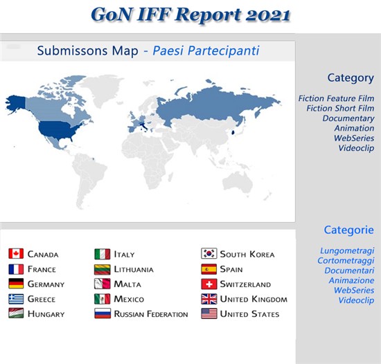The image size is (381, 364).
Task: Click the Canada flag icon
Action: click(16, 253)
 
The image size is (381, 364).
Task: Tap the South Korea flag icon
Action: click(209, 253)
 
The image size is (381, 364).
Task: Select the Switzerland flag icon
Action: click(209, 284)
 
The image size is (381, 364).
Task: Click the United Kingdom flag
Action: click(209, 299)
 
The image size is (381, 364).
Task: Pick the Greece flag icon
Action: click(16, 299)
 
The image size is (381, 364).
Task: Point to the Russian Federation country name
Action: click(151, 314)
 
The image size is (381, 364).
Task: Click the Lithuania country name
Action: click(134, 269)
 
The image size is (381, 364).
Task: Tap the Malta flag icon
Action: click(103, 284)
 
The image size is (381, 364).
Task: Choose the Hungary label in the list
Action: click(46, 314)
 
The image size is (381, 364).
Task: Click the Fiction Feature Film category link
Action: click(336, 98)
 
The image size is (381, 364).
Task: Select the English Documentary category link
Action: click(348, 118)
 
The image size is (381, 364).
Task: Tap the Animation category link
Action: click(354, 128)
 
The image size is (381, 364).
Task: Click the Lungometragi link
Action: click(347, 251)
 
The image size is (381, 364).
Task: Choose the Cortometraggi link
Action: click(346, 261)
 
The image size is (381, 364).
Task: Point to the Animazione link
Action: click(351, 280)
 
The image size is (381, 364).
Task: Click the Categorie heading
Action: click(349, 230)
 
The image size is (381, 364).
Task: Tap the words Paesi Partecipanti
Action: click(206, 51)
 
